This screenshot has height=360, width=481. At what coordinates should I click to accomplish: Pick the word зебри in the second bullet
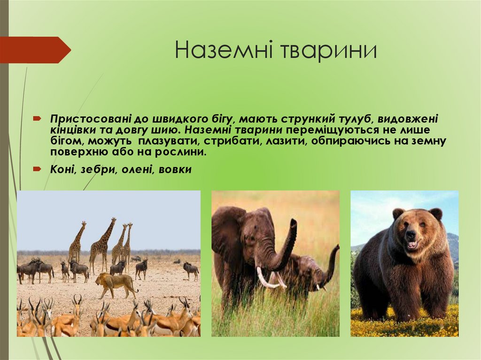pyautogui.click(x=96, y=170)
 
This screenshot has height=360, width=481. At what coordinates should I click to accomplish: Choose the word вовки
pyautogui.click(x=175, y=170)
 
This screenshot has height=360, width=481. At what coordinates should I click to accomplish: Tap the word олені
pyautogui.click(x=137, y=170)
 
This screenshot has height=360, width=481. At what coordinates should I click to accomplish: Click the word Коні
pyautogui.click(x=63, y=170)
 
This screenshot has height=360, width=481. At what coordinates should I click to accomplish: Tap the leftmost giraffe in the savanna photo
pyautogui.click(x=77, y=242)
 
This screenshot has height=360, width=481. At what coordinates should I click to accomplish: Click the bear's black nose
pyautogui.click(x=410, y=233)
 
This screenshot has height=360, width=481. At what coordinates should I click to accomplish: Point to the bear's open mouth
pyautogui.click(x=411, y=244)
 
